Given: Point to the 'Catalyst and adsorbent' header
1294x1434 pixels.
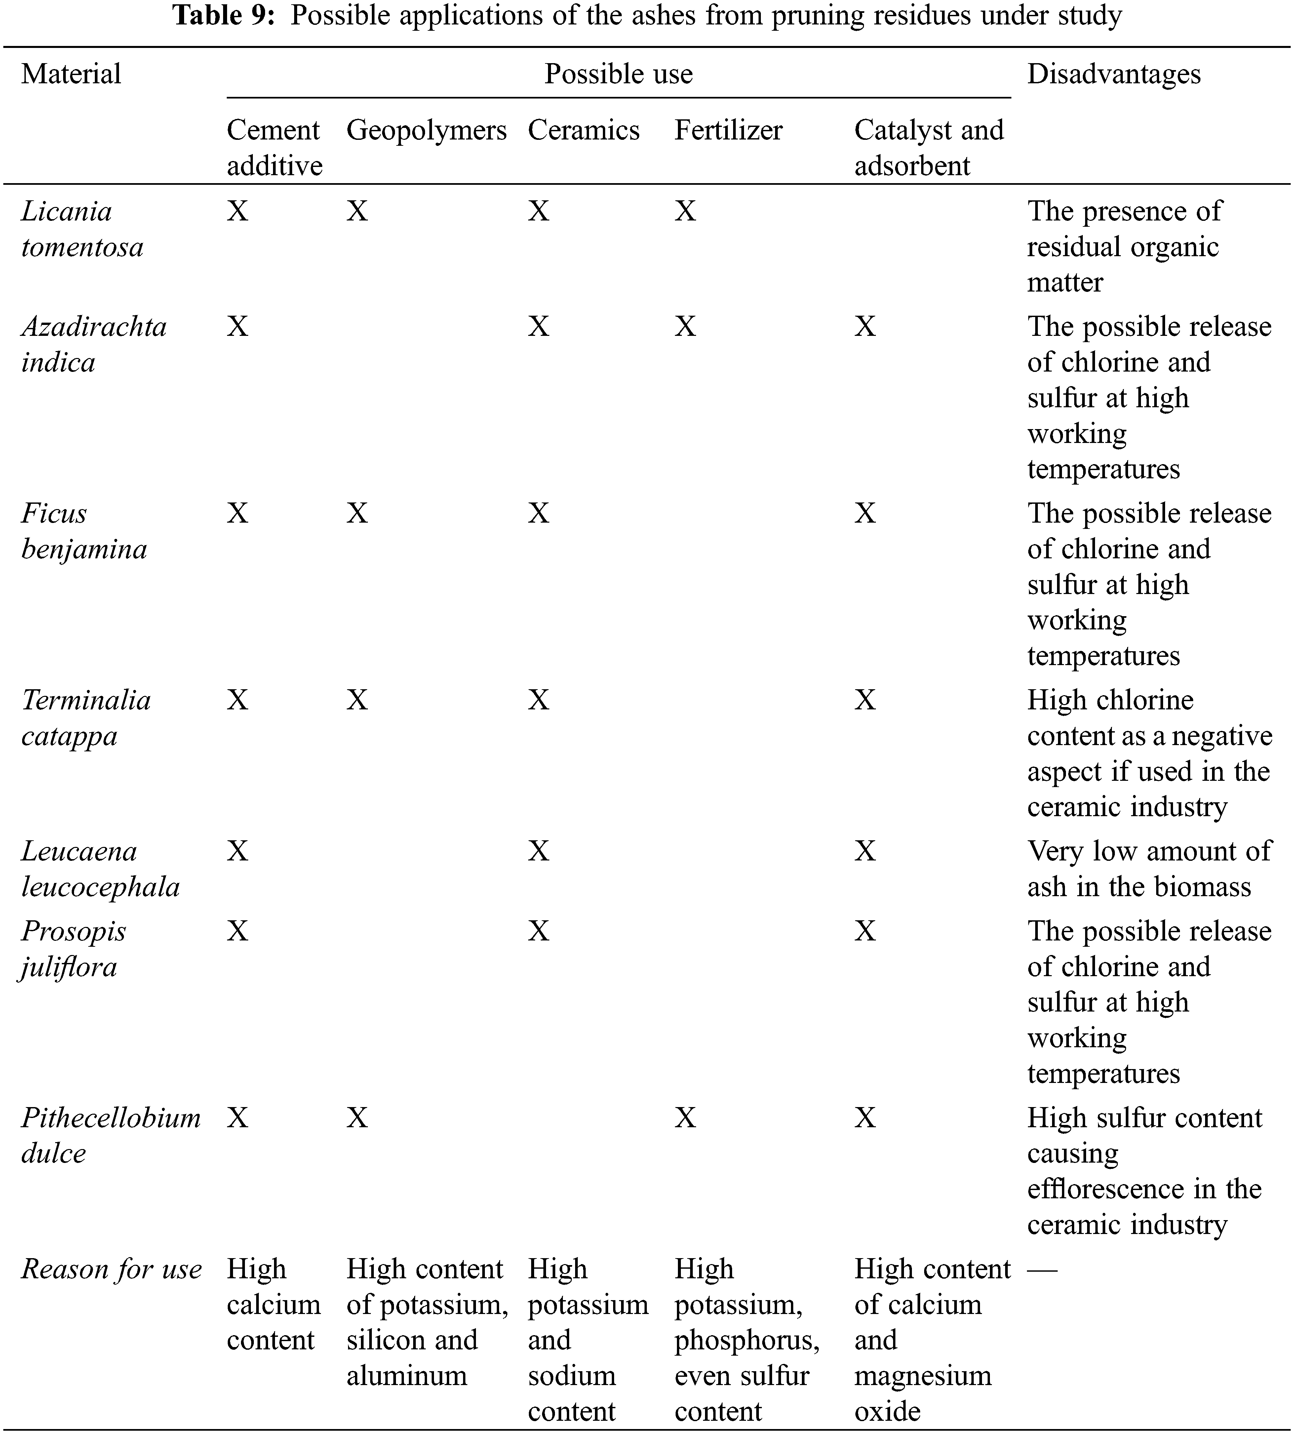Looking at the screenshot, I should coord(928,147).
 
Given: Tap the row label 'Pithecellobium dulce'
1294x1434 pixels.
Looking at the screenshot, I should coord(110,1135).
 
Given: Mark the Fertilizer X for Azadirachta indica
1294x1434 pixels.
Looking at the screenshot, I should coord(685,326).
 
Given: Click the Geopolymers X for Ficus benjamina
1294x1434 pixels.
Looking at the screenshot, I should coord(357,513).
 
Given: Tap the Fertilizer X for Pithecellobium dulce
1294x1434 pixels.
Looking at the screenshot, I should coord(685,1118).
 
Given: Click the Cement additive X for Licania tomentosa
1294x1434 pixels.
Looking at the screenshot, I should coord(237,211).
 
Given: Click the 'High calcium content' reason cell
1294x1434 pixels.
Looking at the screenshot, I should coord(273,1304).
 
